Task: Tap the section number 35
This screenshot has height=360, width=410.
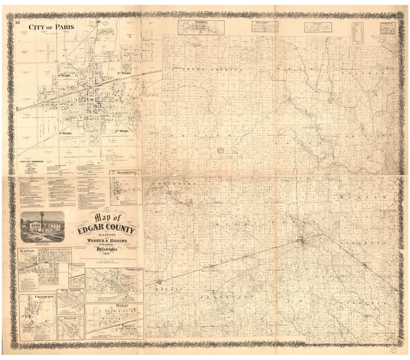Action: pyautogui.click(x=17, y=23)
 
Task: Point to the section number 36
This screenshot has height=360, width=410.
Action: pyautogui.click(x=98, y=22)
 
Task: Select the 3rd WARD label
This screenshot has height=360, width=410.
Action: pyautogui.click(x=124, y=73)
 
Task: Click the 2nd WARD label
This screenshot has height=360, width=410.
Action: pyautogui.click(x=124, y=131)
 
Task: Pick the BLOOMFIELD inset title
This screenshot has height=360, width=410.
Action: pyautogui.click(x=126, y=173)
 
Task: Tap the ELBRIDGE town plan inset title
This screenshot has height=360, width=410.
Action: pyautogui.click(x=201, y=22)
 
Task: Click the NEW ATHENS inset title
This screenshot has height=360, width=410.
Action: pyautogui.click(x=265, y=23)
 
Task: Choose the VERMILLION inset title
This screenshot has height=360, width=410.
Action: pyautogui.click(x=133, y=270)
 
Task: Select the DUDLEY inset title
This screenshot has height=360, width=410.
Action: pyautogui.click(x=122, y=306)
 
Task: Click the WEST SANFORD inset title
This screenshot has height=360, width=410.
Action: pyautogui.click(x=70, y=291)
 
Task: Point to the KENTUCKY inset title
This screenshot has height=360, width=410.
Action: pyautogui.click(x=71, y=318)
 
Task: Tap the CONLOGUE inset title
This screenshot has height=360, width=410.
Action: pyautogui.click(x=77, y=265)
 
